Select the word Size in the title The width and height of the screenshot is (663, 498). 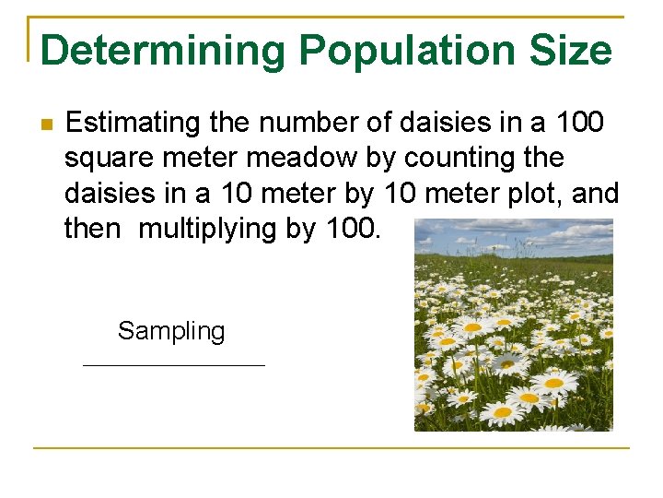tap(571, 51)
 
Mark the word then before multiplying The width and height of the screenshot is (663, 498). tap(92, 229)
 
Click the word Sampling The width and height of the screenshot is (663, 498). tap(171, 331)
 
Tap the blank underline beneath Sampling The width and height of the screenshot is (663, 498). tap(173, 365)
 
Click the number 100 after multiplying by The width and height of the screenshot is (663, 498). tap(350, 229)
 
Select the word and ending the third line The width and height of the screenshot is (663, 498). tap(597, 194)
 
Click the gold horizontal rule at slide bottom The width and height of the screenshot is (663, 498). tap(331, 448)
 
